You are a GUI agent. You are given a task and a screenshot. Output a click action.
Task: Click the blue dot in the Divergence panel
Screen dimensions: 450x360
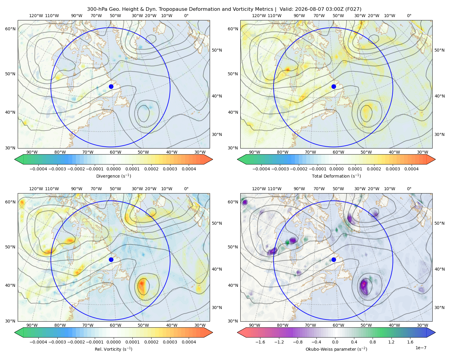[x=111, y=86]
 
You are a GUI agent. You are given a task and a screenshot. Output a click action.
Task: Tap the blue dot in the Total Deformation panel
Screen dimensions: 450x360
[x=334, y=86]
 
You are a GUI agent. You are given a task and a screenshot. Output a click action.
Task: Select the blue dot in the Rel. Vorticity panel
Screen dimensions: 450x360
[x=111, y=259]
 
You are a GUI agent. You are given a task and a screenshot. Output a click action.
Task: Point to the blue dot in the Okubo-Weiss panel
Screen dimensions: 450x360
[x=334, y=259]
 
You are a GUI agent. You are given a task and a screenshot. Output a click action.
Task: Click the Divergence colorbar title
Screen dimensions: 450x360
[x=113, y=176]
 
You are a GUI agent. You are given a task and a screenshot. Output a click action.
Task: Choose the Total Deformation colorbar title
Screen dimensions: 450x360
[x=336, y=176]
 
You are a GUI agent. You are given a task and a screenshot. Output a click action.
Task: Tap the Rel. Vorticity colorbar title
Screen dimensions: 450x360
[x=113, y=349]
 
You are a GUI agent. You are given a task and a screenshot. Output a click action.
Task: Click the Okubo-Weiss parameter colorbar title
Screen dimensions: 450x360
[x=336, y=349]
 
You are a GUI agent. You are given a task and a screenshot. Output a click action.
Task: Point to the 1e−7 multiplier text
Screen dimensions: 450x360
[x=421, y=348]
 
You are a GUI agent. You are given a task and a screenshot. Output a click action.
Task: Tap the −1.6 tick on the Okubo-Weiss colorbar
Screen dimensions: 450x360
[x=260, y=342]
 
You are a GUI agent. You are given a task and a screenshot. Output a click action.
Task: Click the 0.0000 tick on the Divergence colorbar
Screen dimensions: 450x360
[x=113, y=169]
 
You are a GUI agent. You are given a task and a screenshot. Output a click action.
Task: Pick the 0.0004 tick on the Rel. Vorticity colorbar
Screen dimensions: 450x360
[x=189, y=342]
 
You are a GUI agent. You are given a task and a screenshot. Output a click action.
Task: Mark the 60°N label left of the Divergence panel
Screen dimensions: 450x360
[x=10, y=29]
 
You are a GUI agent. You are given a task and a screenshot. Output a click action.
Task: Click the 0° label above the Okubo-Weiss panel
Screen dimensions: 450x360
[x=409, y=189]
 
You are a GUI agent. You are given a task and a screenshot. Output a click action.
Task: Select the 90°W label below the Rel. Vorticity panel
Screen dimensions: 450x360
[x=32, y=325]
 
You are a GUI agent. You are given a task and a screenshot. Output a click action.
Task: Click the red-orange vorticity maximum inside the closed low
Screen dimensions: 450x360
[x=142, y=283]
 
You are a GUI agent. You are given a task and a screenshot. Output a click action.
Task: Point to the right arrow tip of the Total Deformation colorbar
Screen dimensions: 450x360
[x=435, y=159]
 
